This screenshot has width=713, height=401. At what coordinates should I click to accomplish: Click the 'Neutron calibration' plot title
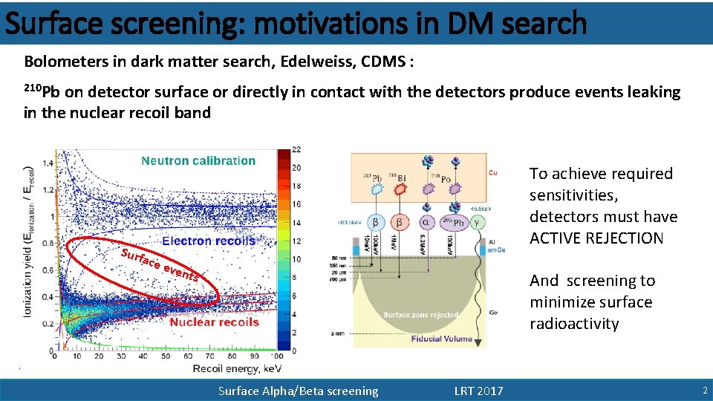[198, 160]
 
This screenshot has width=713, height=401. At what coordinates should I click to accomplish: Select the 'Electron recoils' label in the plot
[209, 241]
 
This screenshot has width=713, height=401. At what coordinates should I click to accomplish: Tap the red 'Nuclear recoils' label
[214, 322]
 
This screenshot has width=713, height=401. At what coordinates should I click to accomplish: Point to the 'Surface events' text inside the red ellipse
[160, 265]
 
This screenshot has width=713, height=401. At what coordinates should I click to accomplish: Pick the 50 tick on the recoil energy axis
[166, 356]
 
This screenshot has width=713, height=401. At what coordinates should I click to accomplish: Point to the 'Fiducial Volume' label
[441, 339]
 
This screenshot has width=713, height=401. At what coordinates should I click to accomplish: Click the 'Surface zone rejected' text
[421, 315]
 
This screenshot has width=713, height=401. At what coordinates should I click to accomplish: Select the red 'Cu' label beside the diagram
[494, 172]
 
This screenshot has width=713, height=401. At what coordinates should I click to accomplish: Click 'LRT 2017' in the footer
[478, 391]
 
